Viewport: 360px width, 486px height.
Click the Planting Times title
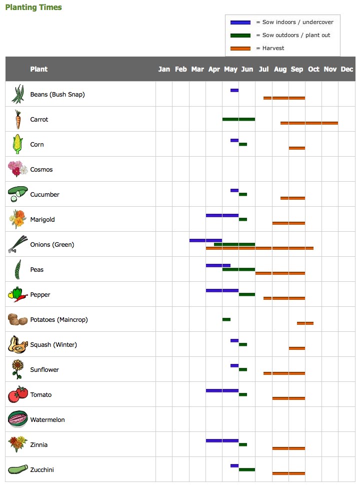[33, 8]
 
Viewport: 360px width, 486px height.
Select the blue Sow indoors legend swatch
[240, 23]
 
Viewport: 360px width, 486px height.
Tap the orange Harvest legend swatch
[240, 49]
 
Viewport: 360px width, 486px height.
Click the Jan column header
[164, 69]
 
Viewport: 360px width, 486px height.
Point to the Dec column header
[347, 69]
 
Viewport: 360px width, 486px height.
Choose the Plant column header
[38, 69]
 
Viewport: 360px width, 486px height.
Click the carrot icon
[17, 120]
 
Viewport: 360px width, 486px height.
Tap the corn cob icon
[17, 144]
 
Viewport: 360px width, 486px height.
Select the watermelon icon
[17, 419]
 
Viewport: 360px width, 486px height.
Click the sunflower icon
[17, 369]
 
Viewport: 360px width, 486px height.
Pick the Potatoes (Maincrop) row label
[59, 319]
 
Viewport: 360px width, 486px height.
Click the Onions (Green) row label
[52, 244]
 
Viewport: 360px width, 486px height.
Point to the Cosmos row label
[41, 169]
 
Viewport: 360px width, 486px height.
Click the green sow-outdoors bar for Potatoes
[226, 319]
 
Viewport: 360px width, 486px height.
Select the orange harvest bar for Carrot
[309, 123]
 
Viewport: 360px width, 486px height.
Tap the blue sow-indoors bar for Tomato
[222, 390]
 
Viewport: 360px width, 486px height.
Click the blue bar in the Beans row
[234, 91]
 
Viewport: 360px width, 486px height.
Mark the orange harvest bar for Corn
[297, 148]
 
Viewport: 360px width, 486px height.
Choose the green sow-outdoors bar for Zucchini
[247, 469]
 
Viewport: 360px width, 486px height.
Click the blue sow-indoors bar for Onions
[205, 240]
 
